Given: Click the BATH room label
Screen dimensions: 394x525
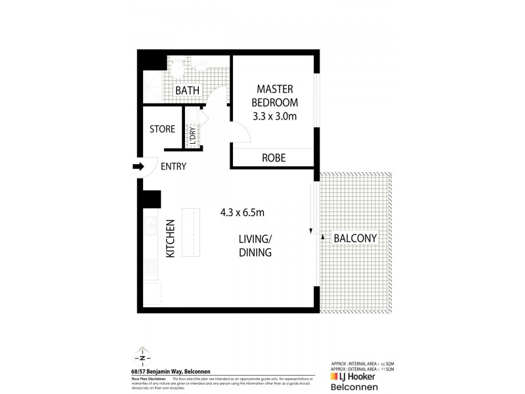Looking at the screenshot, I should point(187,90).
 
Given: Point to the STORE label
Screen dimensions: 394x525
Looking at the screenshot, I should point(162,129).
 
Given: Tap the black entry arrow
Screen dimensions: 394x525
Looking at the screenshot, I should point(138,167).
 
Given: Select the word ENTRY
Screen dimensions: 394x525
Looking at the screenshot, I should point(173,167).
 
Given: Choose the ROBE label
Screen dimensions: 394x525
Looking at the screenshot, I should point(273,158).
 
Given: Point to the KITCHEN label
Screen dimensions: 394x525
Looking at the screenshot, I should point(170,238).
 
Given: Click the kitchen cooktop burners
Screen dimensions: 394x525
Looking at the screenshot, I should point(150,267).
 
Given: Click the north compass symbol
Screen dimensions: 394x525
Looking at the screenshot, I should point(142,357).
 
